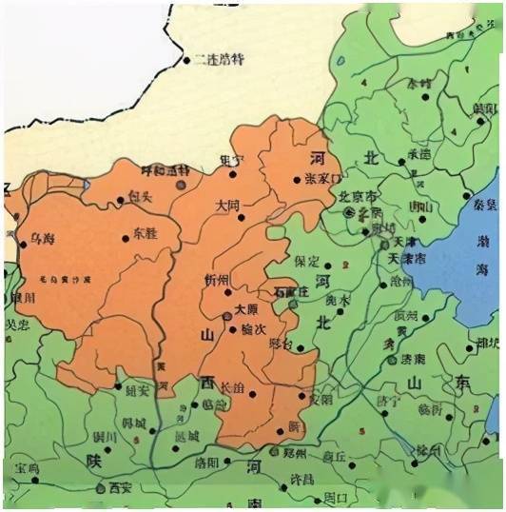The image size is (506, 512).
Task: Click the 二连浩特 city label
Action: coord(220,59)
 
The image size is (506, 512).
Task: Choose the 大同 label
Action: coord(228,205)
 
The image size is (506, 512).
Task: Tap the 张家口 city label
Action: coord(321,178)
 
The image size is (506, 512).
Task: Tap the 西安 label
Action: coord(120,487)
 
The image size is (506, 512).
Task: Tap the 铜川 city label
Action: coord(104,436)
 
